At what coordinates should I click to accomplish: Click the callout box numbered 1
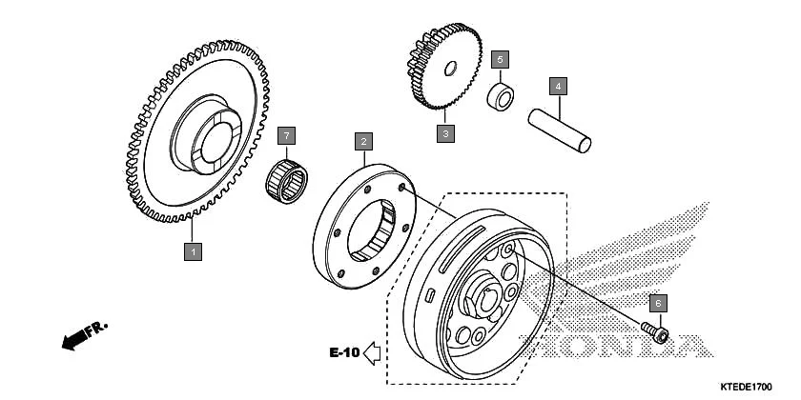pyautogui.click(x=193, y=252)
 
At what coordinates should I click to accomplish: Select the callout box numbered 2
pyautogui.click(x=362, y=142)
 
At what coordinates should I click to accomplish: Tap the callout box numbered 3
pyautogui.click(x=444, y=133)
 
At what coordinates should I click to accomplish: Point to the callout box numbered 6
pyautogui.click(x=657, y=303)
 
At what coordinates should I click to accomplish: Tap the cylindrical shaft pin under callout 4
pyautogui.click(x=562, y=130)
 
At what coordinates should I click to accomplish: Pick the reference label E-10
pyautogui.click(x=344, y=353)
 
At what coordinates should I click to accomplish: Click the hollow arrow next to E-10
pyautogui.click(x=372, y=353)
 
